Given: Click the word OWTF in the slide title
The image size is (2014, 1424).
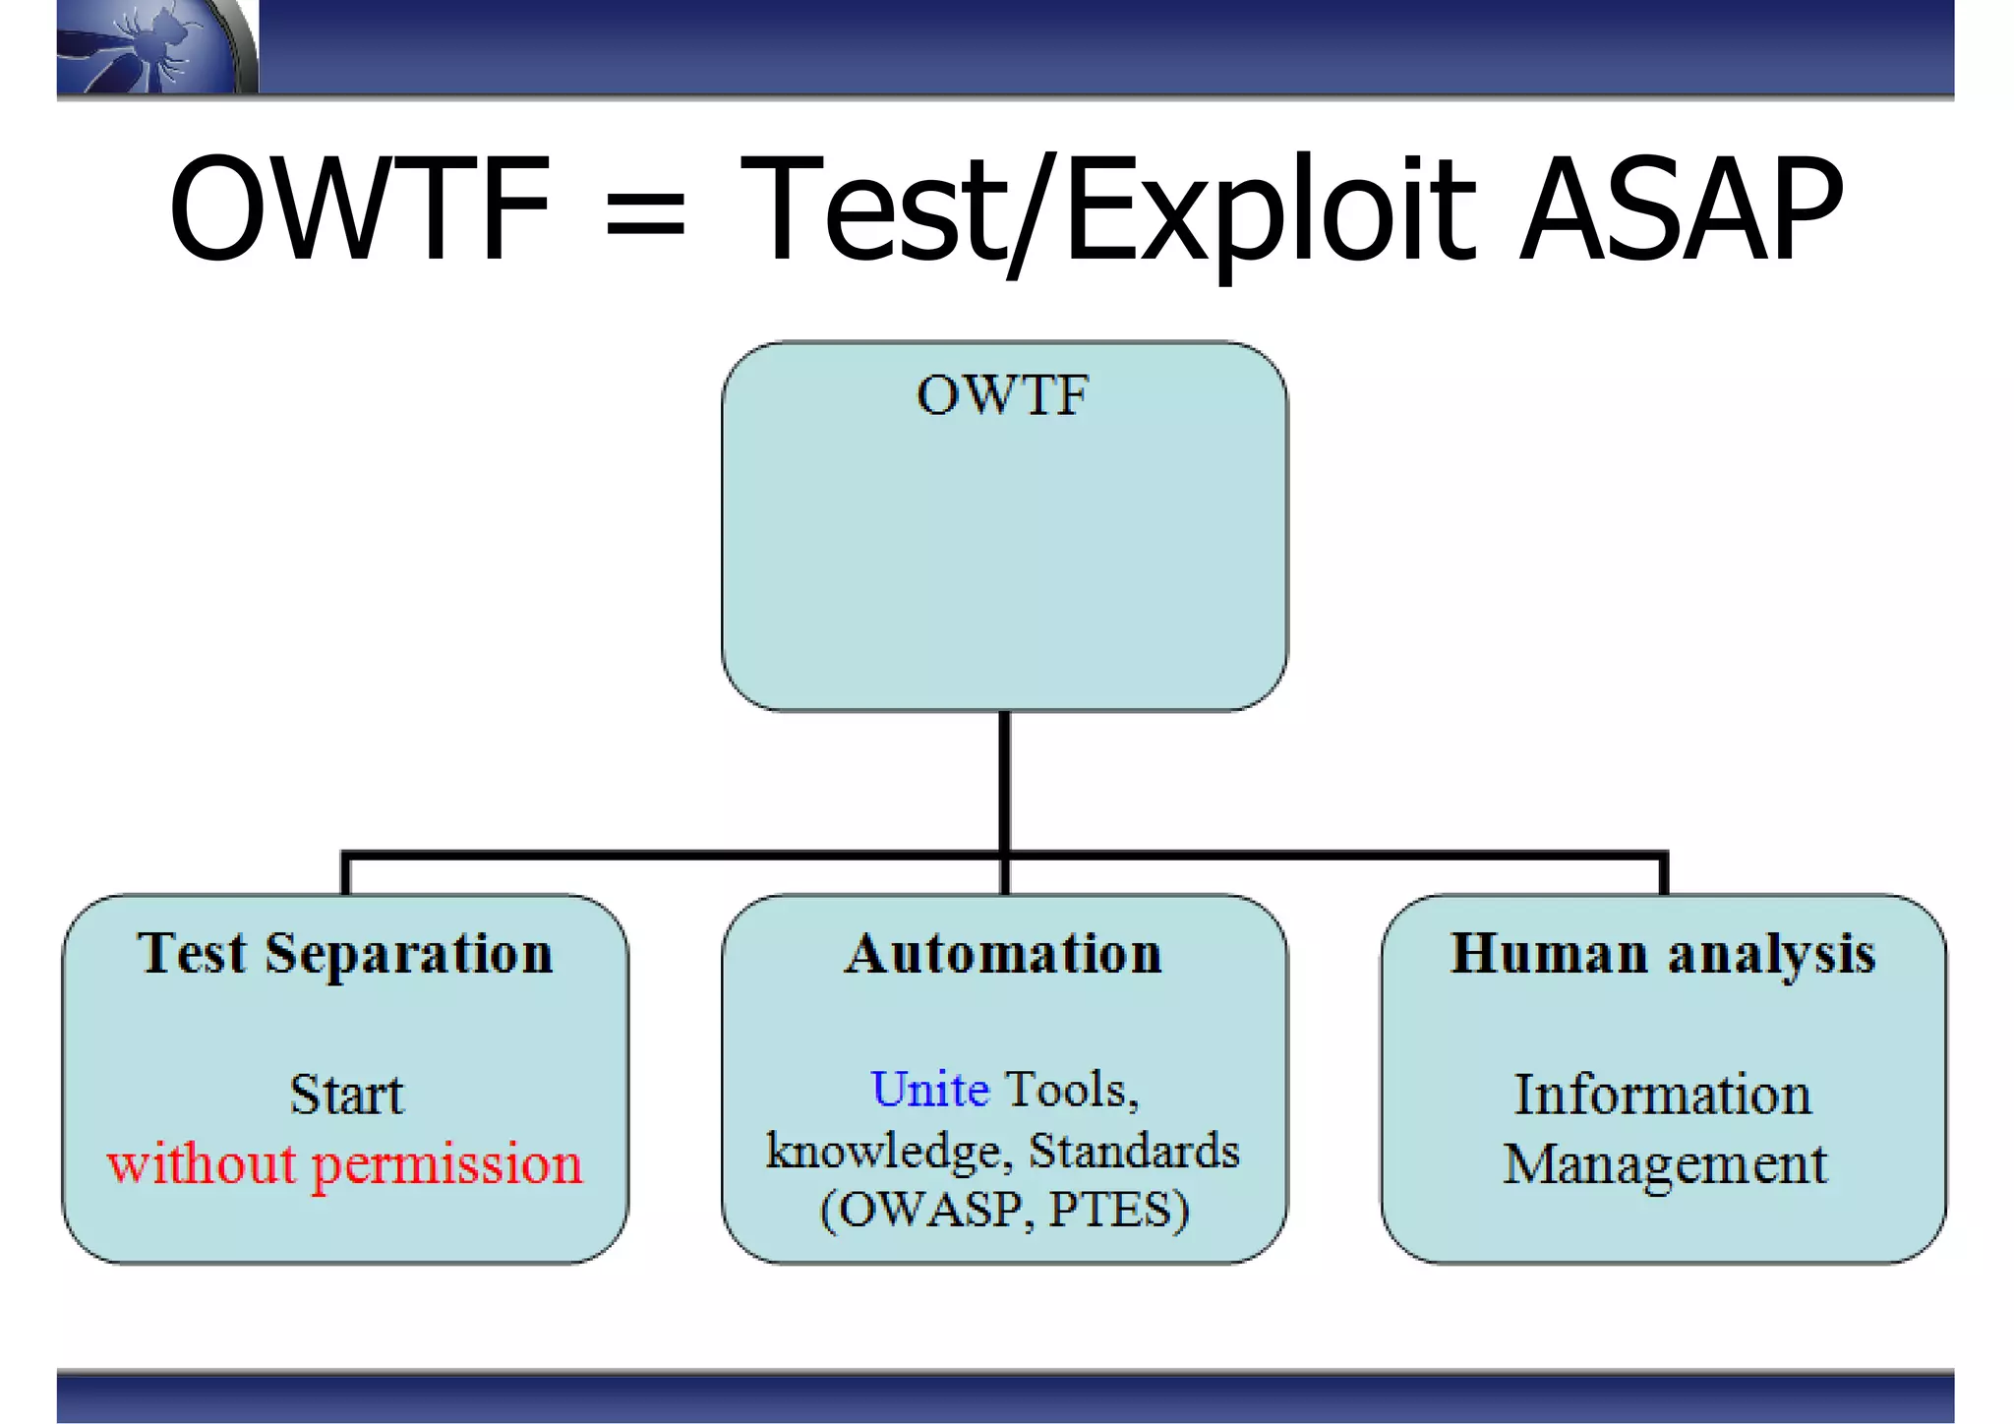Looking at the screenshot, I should (359, 209).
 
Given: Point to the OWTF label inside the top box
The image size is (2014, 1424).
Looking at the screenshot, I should (1002, 396).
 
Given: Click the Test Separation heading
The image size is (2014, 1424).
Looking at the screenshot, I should (345, 953).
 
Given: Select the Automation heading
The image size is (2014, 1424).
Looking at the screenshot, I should (1003, 953).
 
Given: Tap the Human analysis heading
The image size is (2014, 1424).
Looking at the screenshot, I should (1663, 953).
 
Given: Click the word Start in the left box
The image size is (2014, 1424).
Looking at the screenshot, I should (346, 1095).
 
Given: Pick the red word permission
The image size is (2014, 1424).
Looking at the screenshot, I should (447, 1165).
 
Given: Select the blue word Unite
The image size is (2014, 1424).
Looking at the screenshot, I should (929, 1090).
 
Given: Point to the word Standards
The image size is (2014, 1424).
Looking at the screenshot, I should (1134, 1151).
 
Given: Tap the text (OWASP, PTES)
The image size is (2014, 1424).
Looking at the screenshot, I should (1004, 1210).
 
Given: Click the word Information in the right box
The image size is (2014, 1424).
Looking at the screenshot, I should (1662, 1095).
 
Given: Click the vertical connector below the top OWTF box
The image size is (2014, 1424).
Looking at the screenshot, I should (1004, 782).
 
